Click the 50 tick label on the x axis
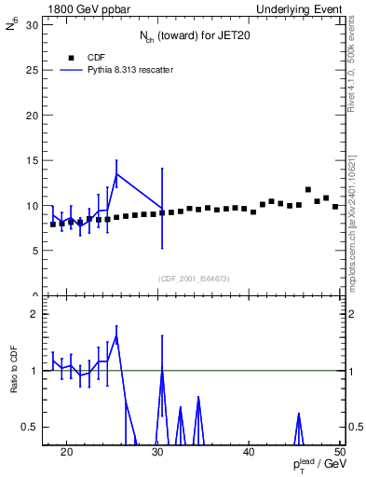tap(341, 454)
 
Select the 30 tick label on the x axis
tap(158, 454)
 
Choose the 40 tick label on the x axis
tap(250, 454)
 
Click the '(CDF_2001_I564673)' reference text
tap(194, 279)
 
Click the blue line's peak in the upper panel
tap(116, 174)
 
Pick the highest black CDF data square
tap(308, 189)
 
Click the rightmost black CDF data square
tap(335, 206)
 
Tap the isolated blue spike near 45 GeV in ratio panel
tap(299, 414)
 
